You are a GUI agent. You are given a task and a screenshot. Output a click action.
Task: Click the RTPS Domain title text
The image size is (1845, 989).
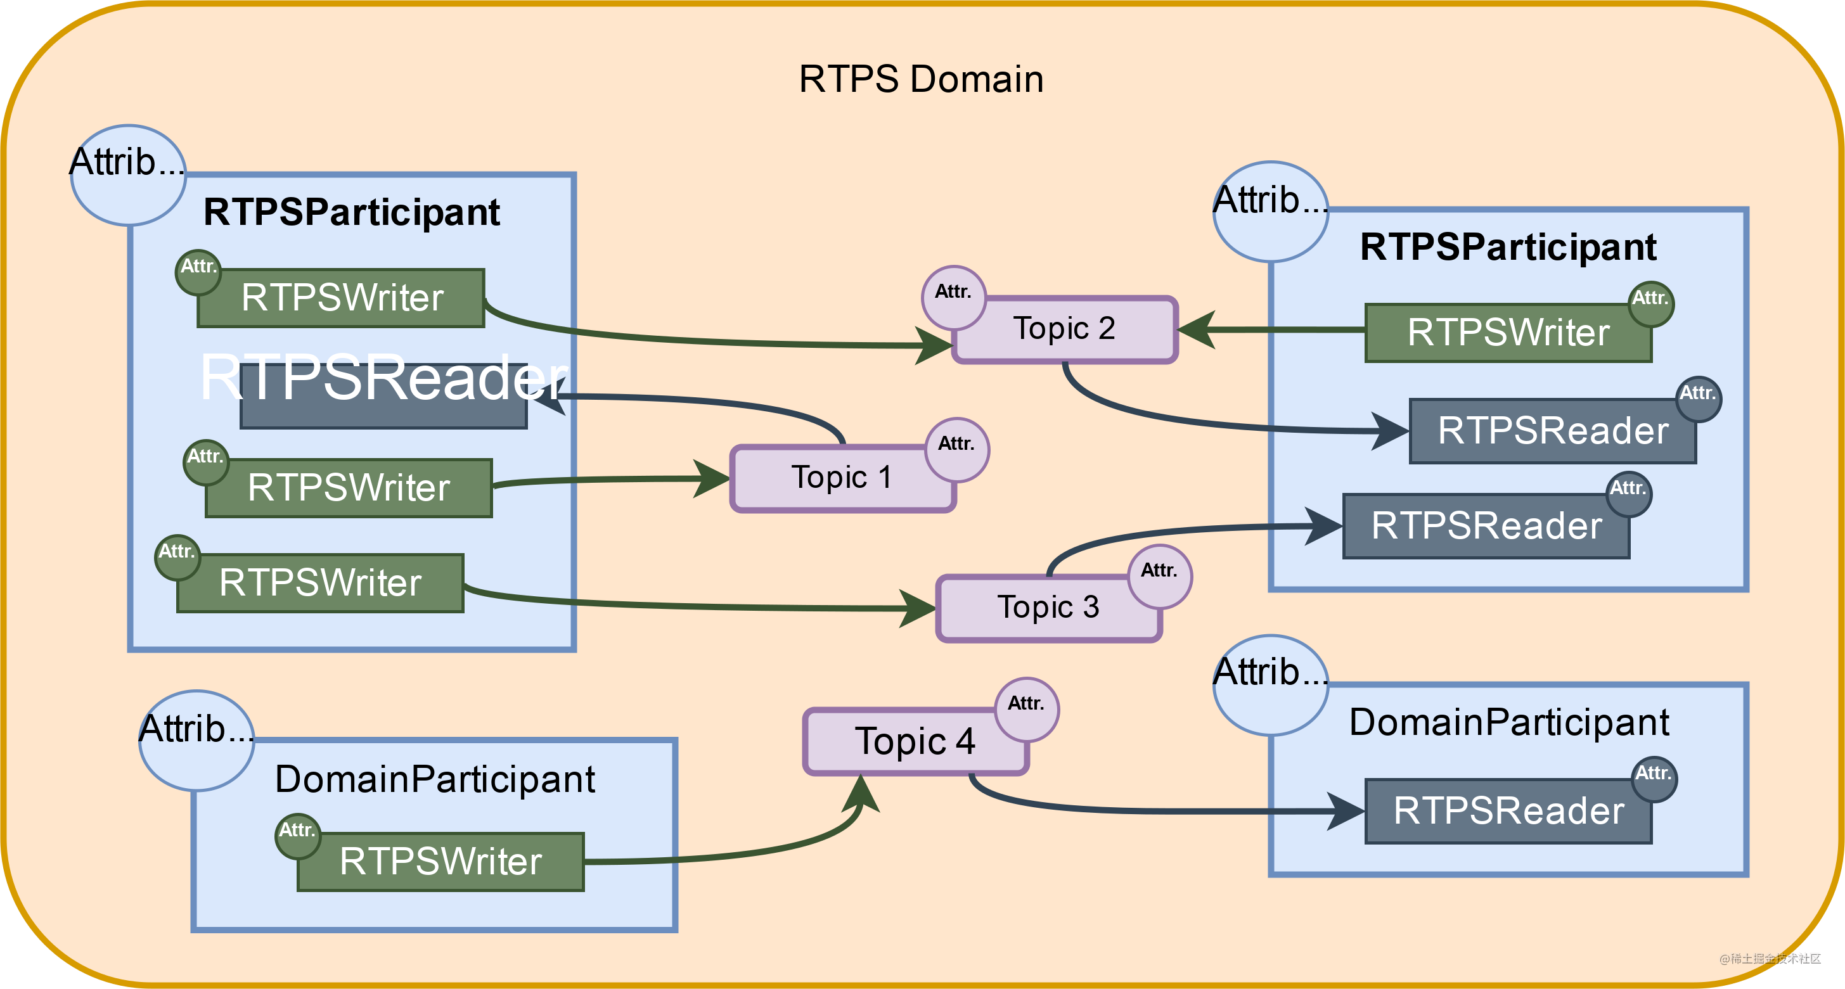point(921,79)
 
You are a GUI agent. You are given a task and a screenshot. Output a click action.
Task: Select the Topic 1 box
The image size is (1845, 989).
point(842,478)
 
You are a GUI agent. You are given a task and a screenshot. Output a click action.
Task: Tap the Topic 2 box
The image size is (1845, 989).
point(1064,329)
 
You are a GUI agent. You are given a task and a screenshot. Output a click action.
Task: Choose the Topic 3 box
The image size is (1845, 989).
point(1048,608)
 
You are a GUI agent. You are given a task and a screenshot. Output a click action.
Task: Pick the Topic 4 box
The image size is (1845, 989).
point(915,742)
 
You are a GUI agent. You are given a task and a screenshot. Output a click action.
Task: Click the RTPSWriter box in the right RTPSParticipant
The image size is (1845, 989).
point(1508,333)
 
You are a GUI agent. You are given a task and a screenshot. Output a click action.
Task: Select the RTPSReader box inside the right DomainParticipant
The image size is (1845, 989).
point(1508,812)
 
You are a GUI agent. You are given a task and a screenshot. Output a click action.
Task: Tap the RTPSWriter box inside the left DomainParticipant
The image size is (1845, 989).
point(440,862)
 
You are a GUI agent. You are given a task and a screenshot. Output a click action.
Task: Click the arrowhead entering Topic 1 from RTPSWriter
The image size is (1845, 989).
point(712,478)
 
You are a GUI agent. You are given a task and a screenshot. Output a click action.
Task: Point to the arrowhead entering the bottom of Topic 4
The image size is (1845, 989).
point(861,793)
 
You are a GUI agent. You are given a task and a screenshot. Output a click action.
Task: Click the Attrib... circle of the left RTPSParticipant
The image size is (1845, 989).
point(128,175)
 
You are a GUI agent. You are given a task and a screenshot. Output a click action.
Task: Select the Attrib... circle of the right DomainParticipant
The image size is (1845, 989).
point(1271,685)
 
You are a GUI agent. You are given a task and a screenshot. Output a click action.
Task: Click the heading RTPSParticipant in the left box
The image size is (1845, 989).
point(352,213)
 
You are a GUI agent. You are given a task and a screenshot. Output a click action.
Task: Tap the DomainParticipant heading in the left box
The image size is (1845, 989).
point(435,779)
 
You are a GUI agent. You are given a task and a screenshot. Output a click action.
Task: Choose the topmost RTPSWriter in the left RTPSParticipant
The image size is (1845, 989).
point(342,298)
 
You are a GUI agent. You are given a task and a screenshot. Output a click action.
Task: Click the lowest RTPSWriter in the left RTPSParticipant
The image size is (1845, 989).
point(320,583)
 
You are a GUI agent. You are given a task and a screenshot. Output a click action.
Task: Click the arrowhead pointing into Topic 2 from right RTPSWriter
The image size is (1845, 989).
point(1197,330)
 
